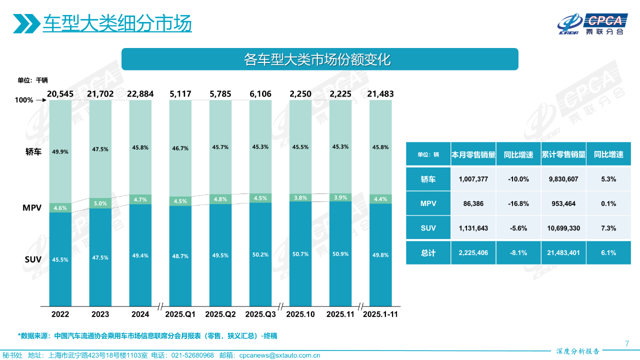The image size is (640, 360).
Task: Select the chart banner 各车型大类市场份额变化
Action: (x=320, y=59)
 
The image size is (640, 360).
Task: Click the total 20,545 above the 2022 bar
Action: (x=60, y=93)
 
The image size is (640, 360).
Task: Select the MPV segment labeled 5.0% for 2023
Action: (x=100, y=203)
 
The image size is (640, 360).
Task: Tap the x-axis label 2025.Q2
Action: (x=220, y=314)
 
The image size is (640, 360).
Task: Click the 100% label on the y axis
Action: (x=24, y=100)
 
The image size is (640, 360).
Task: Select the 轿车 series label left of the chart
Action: (x=33, y=152)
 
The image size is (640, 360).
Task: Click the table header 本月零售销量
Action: (x=473, y=154)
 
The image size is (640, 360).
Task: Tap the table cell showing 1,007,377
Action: (x=473, y=179)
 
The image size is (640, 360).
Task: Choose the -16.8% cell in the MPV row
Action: (x=518, y=203)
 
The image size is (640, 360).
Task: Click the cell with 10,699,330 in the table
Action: (x=563, y=228)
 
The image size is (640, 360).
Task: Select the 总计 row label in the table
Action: (x=428, y=253)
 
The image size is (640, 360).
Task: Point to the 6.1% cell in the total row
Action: (x=608, y=253)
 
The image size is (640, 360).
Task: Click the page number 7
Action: (x=627, y=343)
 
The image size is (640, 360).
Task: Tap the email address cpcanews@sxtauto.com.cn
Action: (x=280, y=355)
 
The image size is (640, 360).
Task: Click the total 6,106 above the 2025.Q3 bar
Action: (x=261, y=93)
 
